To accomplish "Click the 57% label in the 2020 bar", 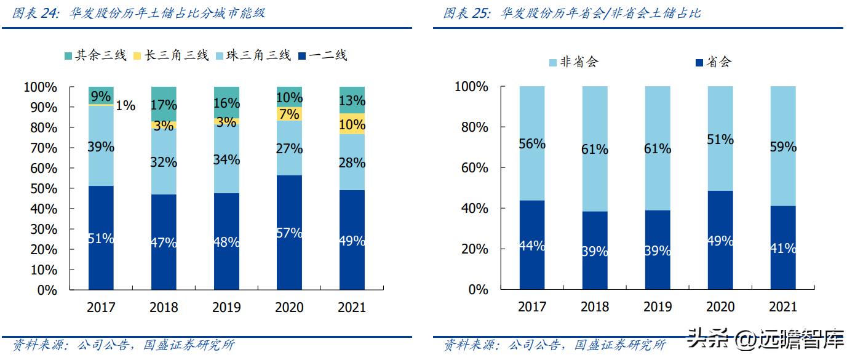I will [x=289, y=233].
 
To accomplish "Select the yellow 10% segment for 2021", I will [x=352, y=124].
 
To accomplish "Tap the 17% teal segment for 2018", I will [x=164, y=105].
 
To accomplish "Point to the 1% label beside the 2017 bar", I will [x=125, y=106].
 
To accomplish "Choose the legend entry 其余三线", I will [x=95, y=56].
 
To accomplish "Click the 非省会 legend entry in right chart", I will [x=572, y=62].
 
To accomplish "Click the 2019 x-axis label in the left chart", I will [x=226, y=307].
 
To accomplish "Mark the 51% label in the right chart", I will [x=720, y=140].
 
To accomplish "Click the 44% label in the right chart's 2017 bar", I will [x=531, y=246].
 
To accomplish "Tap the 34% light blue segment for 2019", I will [x=226, y=160].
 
